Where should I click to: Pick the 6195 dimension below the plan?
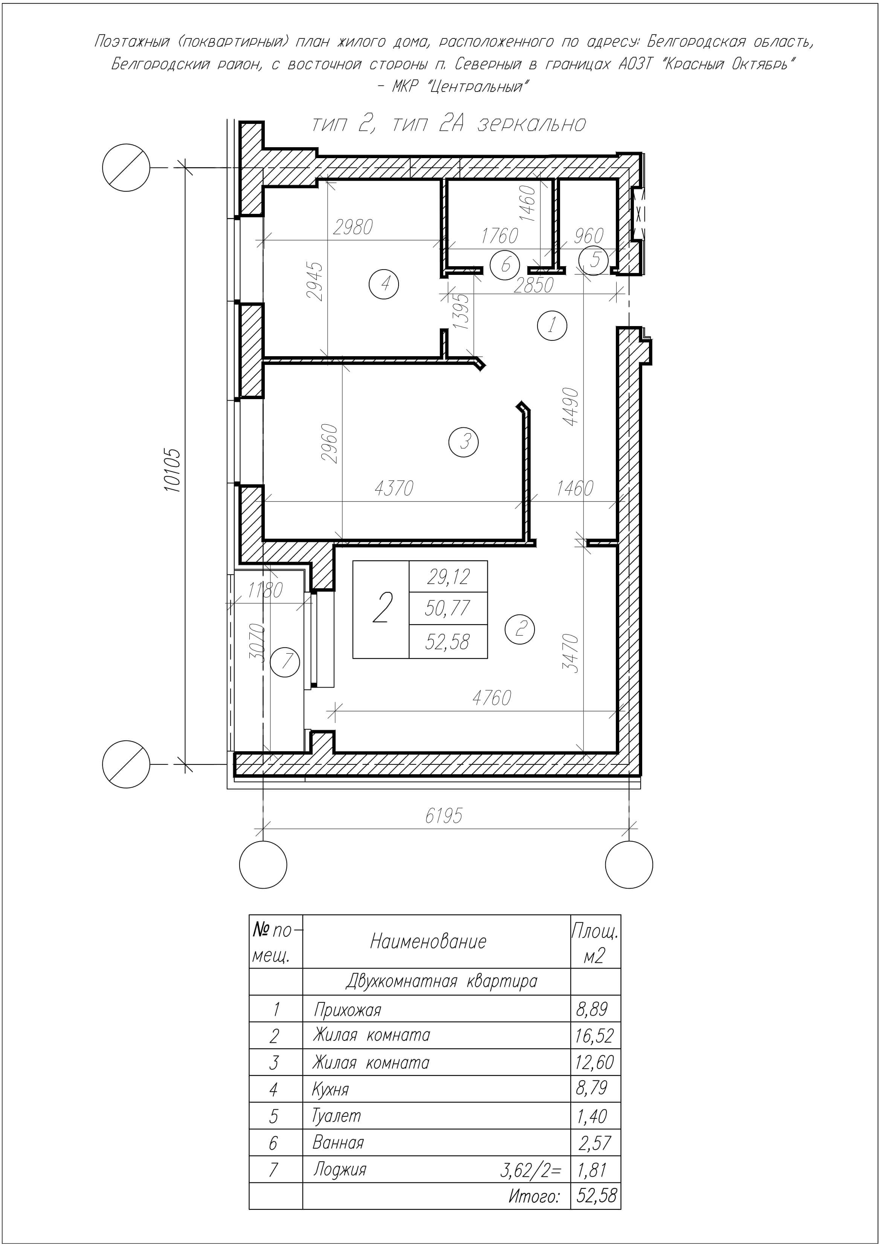tap(444, 816)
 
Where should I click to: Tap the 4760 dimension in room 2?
tap(492, 698)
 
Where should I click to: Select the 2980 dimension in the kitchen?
tap(353, 227)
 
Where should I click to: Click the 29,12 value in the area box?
tap(448, 576)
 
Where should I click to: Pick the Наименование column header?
tap(428, 941)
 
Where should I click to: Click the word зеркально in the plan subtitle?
tap(532, 124)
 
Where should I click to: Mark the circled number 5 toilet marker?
tap(595, 260)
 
